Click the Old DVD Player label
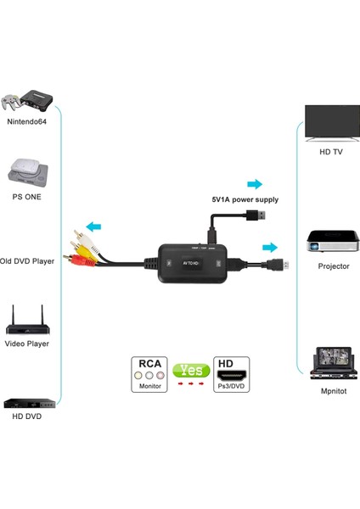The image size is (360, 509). click(27, 261)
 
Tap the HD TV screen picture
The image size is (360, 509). click(333, 120)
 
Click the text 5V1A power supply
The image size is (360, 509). click(245, 199)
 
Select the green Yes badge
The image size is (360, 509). click(191, 370)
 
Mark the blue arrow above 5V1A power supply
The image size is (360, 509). click(253, 184)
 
